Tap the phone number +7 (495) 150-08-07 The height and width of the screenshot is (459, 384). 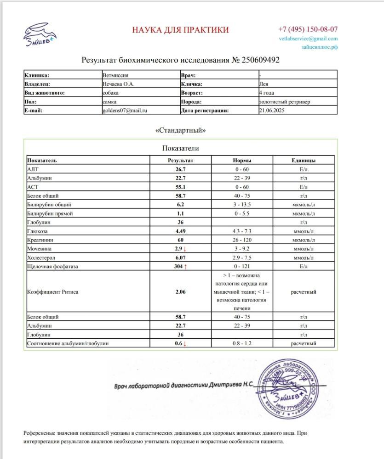point(308,28)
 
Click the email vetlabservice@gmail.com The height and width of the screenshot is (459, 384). point(308,39)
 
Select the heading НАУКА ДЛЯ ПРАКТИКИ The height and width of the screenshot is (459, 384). point(180,30)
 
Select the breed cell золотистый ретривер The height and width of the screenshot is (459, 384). point(284,102)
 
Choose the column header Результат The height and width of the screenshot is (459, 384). point(181,161)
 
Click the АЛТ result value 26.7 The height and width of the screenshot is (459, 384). point(181,169)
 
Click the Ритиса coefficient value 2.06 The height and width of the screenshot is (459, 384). point(181,292)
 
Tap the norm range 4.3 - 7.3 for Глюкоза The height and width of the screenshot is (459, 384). point(241,231)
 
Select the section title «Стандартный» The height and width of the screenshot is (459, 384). point(180,130)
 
